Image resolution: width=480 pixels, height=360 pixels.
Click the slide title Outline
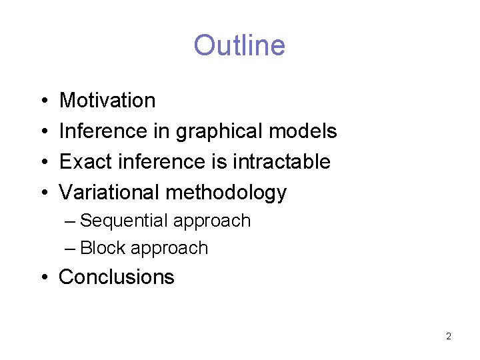(x=239, y=45)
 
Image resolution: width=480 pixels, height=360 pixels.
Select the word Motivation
(x=107, y=101)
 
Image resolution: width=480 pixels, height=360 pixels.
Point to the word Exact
(x=83, y=162)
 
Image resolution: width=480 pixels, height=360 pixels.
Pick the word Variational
(x=109, y=193)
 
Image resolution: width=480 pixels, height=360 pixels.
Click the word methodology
(x=226, y=193)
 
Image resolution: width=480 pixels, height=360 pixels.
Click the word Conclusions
(x=117, y=277)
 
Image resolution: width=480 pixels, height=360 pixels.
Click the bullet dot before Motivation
(x=43, y=101)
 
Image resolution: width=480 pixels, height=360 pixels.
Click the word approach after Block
(x=169, y=249)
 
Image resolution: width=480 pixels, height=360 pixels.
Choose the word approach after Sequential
(x=212, y=221)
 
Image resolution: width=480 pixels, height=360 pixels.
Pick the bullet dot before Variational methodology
(x=43, y=193)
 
